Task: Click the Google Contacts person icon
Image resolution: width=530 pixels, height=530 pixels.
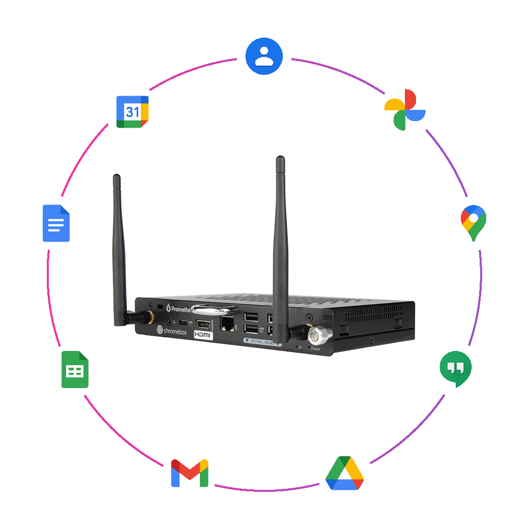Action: pos(264,55)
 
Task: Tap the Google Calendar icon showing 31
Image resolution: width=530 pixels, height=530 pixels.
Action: pos(132,112)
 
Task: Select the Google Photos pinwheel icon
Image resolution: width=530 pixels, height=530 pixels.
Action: pos(405,111)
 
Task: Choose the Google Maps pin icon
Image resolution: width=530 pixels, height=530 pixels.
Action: pos(473,223)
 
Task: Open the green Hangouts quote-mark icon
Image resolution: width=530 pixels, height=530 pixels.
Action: pos(455,370)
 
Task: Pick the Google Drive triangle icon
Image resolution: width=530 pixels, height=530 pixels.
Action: pos(344,473)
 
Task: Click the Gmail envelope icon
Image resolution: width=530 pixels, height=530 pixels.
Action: pos(190,473)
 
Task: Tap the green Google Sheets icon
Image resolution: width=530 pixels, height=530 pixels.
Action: pos(75,370)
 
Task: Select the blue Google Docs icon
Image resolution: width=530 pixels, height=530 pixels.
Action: pos(56,223)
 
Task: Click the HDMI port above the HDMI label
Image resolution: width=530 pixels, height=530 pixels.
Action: pos(204,324)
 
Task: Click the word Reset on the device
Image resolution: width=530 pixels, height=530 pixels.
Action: pos(315,349)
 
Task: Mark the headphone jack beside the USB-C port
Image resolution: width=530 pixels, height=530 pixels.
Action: pos(168,322)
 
